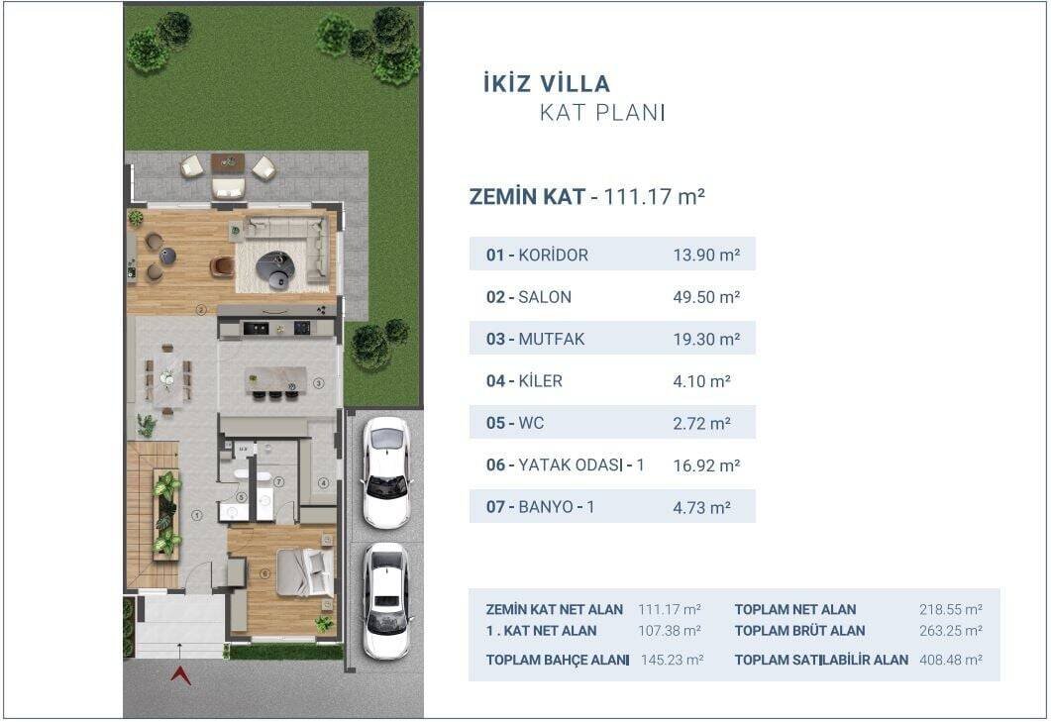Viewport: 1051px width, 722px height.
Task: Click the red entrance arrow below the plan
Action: (180, 675)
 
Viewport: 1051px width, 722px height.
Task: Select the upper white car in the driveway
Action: (385, 471)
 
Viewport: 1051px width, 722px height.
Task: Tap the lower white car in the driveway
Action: (385, 599)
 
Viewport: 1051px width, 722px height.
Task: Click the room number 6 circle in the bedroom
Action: (265, 573)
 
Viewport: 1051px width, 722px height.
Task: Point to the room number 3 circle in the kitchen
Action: (319, 382)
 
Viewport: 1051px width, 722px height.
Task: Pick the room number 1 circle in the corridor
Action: (196, 514)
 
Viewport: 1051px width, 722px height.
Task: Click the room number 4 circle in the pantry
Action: (323, 483)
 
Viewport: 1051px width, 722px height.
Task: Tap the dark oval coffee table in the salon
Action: (274, 264)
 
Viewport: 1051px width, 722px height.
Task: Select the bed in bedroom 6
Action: (304, 572)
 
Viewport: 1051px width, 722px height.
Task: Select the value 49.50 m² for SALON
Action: (706, 297)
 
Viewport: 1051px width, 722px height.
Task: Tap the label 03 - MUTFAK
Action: (535, 339)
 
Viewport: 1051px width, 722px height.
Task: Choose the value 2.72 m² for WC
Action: (701, 423)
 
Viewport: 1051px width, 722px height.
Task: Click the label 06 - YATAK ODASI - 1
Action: (565, 464)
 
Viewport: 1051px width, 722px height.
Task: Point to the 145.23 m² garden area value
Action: (671, 660)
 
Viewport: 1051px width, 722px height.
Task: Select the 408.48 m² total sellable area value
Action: (950, 660)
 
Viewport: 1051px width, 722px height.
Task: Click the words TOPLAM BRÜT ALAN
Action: (799, 631)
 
